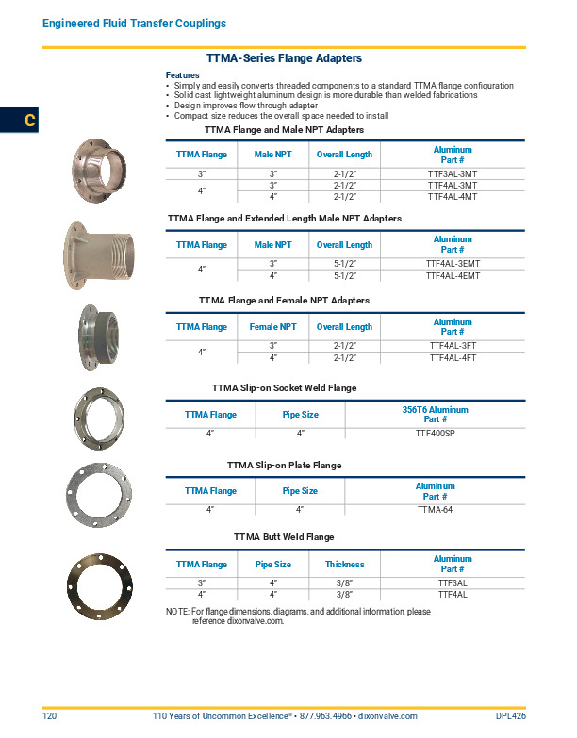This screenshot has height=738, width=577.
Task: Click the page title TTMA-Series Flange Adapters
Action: click(284, 58)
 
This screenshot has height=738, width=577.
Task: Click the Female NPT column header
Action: click(273, 327)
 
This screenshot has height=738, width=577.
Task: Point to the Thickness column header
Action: click(344, 565)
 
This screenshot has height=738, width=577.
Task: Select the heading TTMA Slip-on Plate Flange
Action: click(284, 466)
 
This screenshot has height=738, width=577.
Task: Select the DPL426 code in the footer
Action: click(510, 717)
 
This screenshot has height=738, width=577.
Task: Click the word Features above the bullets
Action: click(182, 75)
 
